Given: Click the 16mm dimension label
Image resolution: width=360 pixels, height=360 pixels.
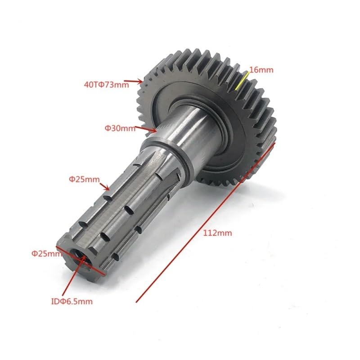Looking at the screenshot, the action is click(261, 70).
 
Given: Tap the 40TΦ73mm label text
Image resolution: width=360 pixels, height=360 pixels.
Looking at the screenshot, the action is click(107, 85).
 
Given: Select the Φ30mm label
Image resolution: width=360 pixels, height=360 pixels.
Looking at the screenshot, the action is click(120, 128).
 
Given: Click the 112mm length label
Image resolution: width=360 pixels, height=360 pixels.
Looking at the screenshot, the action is click(217, 233).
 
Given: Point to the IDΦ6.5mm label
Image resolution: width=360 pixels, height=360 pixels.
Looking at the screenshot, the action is click(72, 301).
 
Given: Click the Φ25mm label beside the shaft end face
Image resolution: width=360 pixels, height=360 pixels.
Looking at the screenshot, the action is click(47, 254).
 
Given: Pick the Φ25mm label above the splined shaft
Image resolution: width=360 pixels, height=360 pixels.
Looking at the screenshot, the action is click(84, 179).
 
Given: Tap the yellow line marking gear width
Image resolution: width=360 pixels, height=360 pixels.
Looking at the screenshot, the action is click(242, 81).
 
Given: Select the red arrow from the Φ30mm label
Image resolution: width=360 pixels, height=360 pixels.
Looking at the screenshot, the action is click(145, 129).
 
